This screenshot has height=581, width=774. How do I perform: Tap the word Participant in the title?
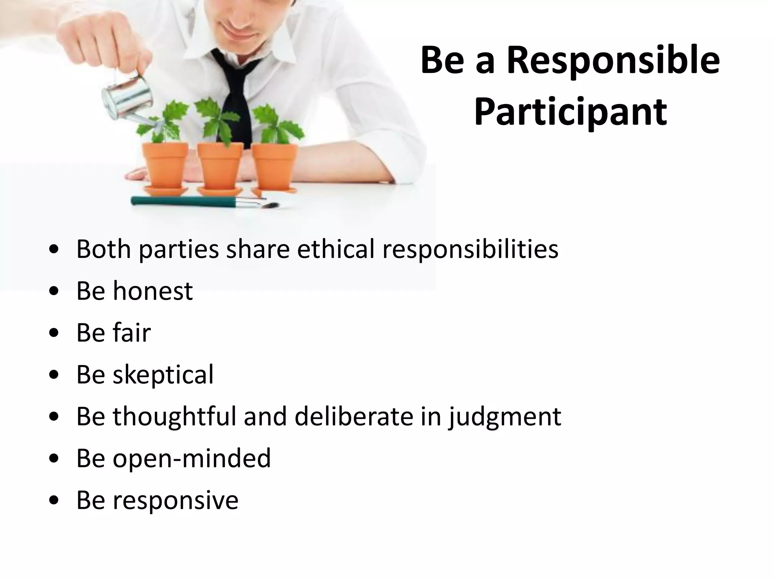tap(570, 113)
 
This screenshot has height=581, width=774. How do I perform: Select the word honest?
tap(153, 291)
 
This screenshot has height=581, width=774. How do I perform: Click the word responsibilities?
tap(471, 250)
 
